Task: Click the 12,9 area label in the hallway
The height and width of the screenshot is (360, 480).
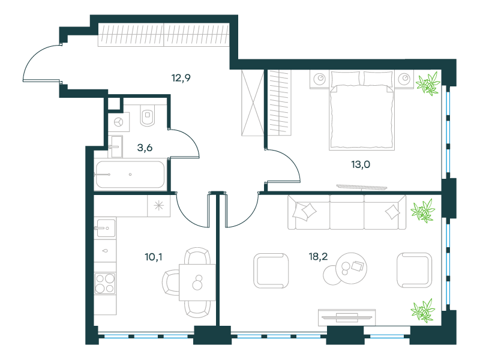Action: point(181,78)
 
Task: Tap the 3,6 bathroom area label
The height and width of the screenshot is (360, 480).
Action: point(145,148)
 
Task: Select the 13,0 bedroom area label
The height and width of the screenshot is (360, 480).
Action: point(361,164)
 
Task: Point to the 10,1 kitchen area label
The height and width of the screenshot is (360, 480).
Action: point(154,257)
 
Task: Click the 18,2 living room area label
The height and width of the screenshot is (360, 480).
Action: point(318,256)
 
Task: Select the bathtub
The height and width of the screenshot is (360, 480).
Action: point(130,175)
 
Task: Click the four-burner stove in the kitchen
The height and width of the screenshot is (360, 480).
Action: point(105,283)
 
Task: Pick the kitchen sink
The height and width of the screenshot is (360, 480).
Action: point(106,228)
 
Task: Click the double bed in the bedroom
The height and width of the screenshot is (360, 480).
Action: point(362,110)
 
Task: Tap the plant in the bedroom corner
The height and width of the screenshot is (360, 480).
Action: point(428,83)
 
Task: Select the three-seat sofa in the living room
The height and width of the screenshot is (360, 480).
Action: point(347,212)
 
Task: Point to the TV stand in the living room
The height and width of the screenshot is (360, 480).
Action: point(347,317)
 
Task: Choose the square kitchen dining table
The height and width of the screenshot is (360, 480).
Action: point(197,282)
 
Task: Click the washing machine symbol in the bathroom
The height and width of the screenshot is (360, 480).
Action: point(118,122)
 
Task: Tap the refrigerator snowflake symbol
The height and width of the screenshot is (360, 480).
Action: point(158,206)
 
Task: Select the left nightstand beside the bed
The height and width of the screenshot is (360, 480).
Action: point(320,79)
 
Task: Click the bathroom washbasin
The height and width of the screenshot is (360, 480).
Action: point(115,146)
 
